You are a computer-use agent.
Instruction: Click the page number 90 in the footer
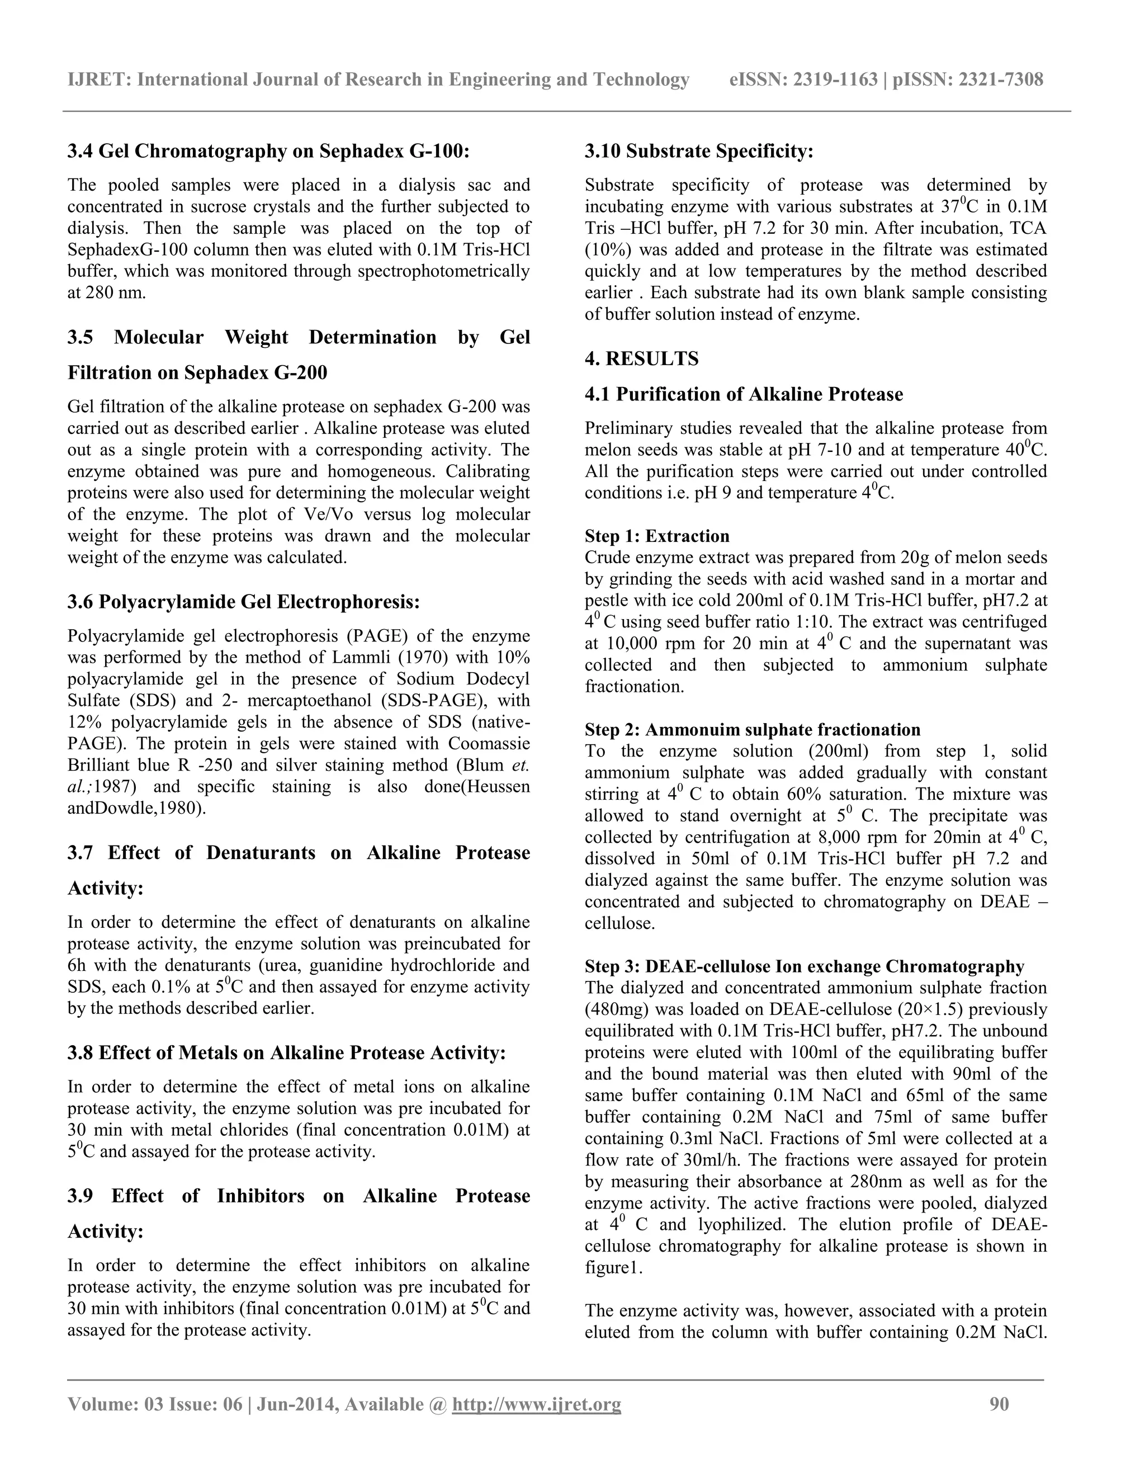point(999,1403)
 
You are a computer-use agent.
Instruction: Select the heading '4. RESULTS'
point(641,359)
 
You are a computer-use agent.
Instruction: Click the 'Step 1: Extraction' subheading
point(656,536)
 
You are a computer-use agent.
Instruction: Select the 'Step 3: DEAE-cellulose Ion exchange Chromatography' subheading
point(804,966)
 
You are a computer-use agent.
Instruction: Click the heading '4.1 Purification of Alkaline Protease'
point(744,394)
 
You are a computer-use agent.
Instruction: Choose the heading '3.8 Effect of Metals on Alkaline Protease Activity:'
point(286,1053)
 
